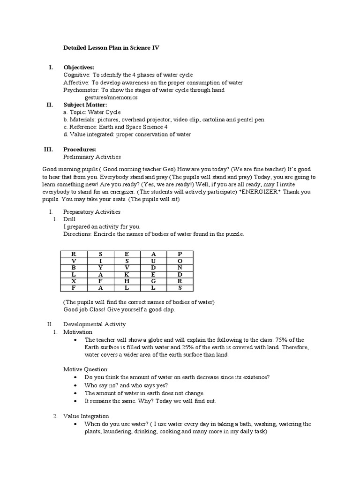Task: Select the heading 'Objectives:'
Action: pos(79,67)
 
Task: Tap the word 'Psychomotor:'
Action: pos(81,90)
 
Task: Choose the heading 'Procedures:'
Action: pos(80,150)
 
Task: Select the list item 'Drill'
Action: pos(69,219)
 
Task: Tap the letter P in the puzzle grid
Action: pos(180,253)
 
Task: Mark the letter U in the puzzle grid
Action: pos(153,260)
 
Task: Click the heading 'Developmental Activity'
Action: pos(94,324)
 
